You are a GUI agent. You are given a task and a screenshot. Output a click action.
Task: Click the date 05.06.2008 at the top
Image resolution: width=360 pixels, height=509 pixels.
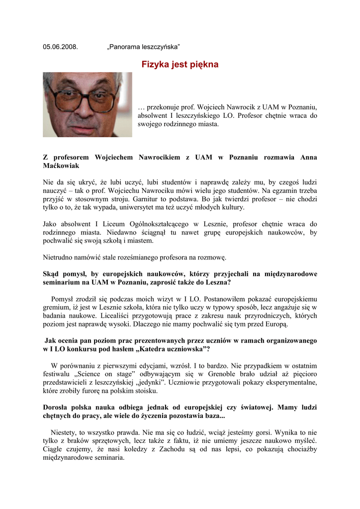pyautogui.click(x=60, y=47)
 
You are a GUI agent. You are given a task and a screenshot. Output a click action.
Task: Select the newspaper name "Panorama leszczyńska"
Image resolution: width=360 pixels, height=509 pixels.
pyautogui.click(x=143, y=47)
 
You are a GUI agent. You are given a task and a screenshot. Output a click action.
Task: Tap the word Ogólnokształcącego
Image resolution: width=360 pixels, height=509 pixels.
pyautogui.click(x=154, y=224)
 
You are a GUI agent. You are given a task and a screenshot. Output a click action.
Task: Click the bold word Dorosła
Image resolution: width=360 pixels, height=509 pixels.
pyautogui.click(x=57, y=407)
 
